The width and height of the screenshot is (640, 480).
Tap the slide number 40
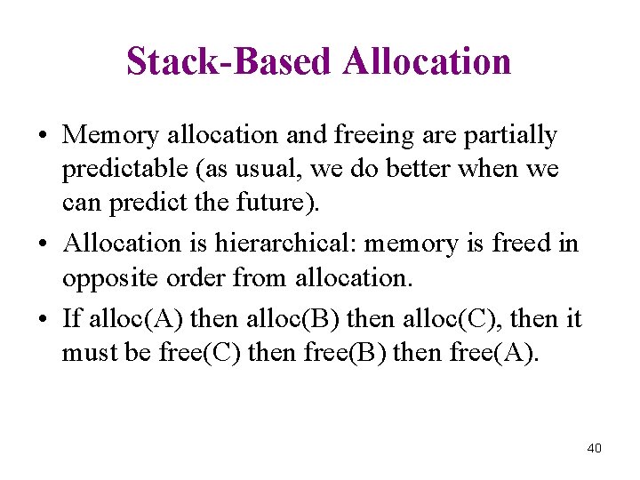tap(595, 448)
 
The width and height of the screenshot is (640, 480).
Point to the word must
tap(86, 352)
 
